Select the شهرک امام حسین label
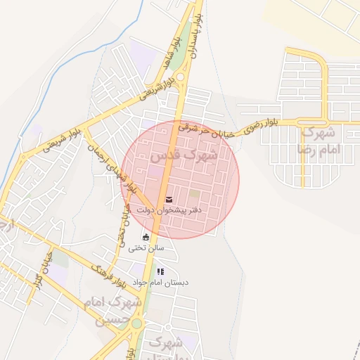click(x=112, y=309)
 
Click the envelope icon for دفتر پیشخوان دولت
click(x=169, y=199)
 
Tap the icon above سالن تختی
click(x=146, y=237)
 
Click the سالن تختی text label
click(x=146, y=247)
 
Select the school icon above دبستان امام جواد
click(x=160, y=271)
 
